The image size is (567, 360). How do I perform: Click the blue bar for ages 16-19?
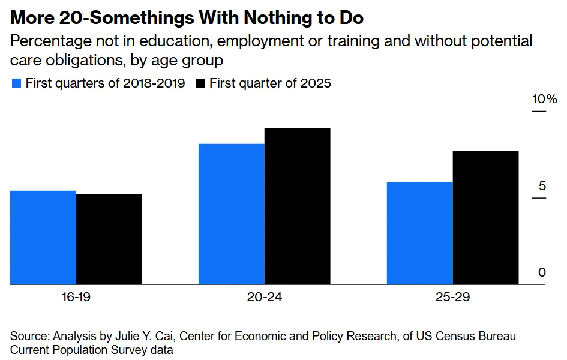(x=43, y=238)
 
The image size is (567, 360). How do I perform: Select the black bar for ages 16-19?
(x=109, y=239)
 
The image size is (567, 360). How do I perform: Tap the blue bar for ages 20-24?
(x=232, y=214)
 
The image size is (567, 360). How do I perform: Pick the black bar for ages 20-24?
(x=297, y=206)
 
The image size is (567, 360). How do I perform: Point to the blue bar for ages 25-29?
(x=420, y=233)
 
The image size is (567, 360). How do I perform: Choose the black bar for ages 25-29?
(x=485, y=218)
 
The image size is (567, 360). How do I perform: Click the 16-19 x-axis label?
(x=76, y=297)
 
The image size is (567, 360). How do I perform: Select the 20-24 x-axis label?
(x=265, y=297)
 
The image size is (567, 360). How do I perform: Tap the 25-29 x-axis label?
(x=453, y=297)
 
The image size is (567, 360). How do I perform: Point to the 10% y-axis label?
(x=545, y=99)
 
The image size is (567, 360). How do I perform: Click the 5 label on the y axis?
(x=542, y=186)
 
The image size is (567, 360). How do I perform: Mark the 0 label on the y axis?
(x=542, y=272)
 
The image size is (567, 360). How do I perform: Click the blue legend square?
(x=16, y=83)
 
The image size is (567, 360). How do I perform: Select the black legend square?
(x=200, y=83)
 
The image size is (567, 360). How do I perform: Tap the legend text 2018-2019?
(x=154, y=83)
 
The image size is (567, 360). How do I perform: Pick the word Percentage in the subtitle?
(x=51, y=41)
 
